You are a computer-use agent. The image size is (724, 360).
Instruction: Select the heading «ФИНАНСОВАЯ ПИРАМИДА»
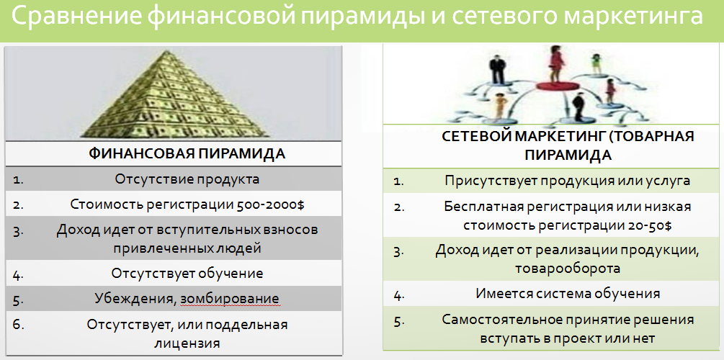pos(187,153)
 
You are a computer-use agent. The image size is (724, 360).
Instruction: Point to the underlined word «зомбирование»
pos(230,299)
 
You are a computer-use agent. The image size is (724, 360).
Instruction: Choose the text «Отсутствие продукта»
pos(187,179)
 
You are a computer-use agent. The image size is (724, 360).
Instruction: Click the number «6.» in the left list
pos(18,325)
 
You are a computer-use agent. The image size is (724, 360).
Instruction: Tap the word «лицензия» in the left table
pos(187,343)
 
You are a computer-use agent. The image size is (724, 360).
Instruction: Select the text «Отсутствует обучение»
pos(187,273)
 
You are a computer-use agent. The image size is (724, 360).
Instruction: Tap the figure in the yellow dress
pos(499,106)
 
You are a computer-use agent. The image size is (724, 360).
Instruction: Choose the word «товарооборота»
pos(568,269)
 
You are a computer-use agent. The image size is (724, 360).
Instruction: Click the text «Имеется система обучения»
pos(568,293)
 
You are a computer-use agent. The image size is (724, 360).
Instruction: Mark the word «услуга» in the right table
pos(668,181)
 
